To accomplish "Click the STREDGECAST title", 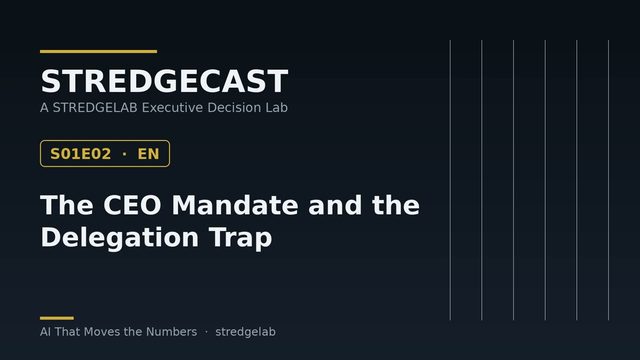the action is pos(164,81).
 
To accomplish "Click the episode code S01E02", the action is pos(80,154).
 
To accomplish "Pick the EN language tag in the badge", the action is pos(148,154).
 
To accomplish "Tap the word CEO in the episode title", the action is pos(132,205).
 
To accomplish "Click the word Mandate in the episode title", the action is pos(235,205).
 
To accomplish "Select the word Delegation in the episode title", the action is pos(120,238).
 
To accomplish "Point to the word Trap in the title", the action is pos(240,238).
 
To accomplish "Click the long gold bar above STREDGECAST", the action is pos(98,51).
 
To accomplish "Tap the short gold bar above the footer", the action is pos(57,318).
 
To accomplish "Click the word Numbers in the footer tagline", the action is pos(171,332).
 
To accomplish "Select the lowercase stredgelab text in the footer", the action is pos(245,332).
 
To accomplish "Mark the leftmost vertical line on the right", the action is pos(450,180).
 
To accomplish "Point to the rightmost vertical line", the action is pos(608,180).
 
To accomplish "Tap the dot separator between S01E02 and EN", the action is pos(124,154).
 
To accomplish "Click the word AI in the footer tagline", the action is pos(45,332).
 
